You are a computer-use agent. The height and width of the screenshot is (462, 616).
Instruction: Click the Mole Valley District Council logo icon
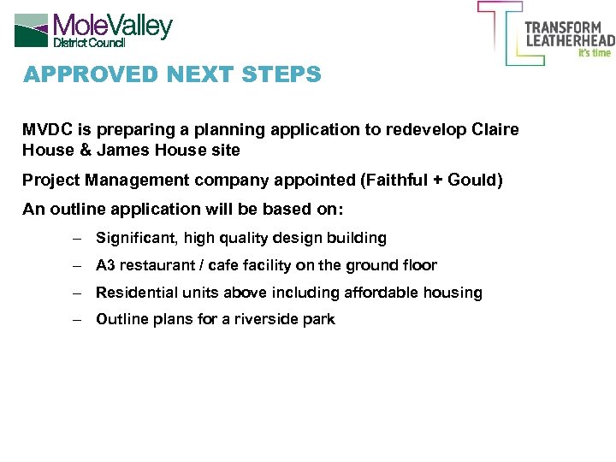tap(31, 30)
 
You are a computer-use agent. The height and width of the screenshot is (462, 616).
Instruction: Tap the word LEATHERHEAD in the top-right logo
tap(569, 40)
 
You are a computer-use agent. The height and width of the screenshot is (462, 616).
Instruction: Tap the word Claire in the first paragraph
tap(495, 130)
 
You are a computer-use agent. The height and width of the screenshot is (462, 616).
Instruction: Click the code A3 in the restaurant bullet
tap(105, 265)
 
